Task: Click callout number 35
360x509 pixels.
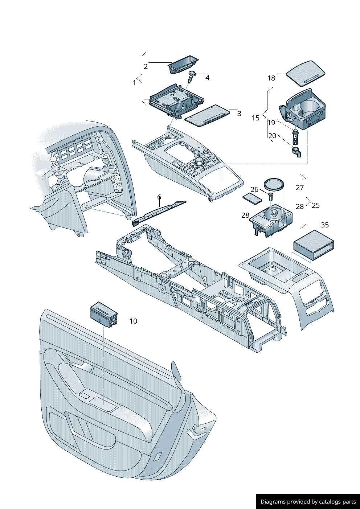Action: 325,225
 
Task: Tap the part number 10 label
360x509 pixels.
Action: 133,321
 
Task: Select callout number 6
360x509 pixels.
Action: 159,197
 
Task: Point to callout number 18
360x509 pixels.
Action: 271,78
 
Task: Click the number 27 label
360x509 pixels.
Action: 299,188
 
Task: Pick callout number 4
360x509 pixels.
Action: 207,78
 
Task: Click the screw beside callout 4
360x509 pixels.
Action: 192,76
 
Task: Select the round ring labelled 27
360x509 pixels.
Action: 274,184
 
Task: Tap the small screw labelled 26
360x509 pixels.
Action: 270,197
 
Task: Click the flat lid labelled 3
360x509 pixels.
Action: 207,115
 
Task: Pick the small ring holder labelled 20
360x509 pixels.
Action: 296,152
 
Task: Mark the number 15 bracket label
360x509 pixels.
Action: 255,118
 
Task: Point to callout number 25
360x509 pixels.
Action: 316,205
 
